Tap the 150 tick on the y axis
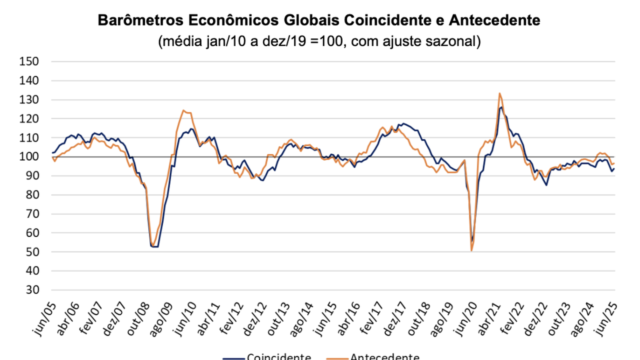tap(29, 61)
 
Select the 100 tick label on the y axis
tap(29, 157)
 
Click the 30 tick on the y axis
tap(32, 290)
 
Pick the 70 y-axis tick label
tap(32, 214)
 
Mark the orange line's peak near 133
tap(499, 93)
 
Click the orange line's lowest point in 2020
tap(471, 250)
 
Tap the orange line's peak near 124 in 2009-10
tap(183, 110)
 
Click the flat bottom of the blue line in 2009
tap(155, 246)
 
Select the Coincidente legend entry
tap(279, 356)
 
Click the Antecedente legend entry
tap(384, 356)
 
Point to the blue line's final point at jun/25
tap(613, 168)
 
